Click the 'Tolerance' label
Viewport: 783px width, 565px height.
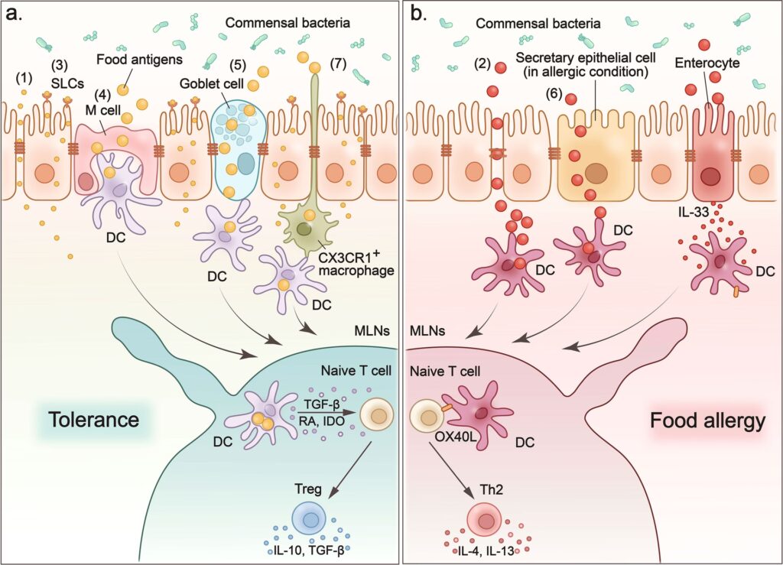tap(93, 421)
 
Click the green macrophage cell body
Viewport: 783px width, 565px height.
tap(303, 227)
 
